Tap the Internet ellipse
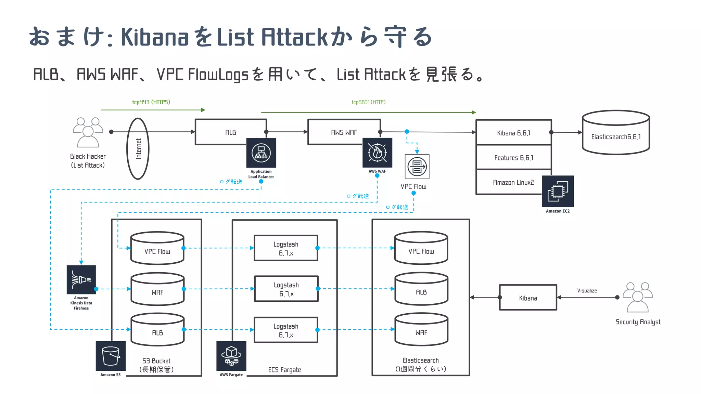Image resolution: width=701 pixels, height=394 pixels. (138, 148)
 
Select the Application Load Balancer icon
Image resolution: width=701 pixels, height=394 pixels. (261, 153)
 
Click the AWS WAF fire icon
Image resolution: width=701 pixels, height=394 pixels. (377, 153)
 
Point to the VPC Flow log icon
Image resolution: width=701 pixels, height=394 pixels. (417, 167)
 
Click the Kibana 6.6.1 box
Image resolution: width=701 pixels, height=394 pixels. (513, 133)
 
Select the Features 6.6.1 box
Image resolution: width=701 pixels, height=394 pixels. (513, 158)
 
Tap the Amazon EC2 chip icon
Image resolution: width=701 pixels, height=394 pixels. (558, 191)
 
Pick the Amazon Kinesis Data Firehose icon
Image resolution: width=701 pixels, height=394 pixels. (81, 279)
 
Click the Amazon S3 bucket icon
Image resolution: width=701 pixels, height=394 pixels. (111, 356)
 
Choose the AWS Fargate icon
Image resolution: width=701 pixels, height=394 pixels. (231, 356)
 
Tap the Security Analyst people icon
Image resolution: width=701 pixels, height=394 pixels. (637, 297)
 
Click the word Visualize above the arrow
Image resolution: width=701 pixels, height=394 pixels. (587, 291)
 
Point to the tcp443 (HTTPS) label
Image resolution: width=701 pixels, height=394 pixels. (151, 102)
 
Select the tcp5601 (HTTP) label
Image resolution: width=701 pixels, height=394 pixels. (368, 102)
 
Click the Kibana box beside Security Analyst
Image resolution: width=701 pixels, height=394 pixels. (528, 298)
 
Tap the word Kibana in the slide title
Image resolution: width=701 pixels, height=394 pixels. (155, 37)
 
